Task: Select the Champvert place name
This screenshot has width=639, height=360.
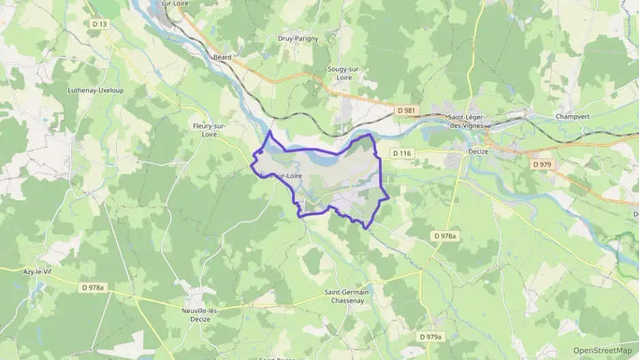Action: [x=573, y=116]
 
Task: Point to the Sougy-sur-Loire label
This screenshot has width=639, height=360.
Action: [x=344, y=74]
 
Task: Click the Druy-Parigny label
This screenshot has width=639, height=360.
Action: [x=298, y=39]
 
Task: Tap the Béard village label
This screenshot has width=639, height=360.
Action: [x=223, y=57]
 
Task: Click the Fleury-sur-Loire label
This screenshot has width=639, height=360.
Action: [x=210, y=130]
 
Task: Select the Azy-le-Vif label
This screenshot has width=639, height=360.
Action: [x=38, y=271]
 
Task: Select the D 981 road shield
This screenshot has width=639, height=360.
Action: [x=406, y=109]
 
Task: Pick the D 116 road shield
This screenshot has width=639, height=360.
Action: [x=401, y=153]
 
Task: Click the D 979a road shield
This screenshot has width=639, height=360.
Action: [x=431, y=337]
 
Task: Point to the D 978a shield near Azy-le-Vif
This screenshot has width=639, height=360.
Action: [x=91, y=288]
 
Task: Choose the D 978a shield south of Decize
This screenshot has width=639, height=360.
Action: [x=444, y=236]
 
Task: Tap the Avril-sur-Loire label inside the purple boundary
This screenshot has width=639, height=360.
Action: [x=280, y=176]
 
